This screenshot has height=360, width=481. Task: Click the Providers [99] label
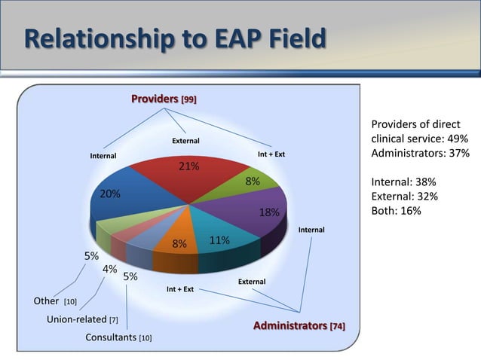(x=164, y=99)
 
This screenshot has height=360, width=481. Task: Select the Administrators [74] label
(x=299, y=326)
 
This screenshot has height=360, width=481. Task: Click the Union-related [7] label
(x=81, y=319)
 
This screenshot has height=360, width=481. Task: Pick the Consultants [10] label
(x=118, y=337)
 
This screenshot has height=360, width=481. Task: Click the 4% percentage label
(x=109, y=269)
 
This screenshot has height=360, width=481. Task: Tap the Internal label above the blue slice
(x=103, y=156)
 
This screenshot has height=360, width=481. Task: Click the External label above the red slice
(x=186, y=141)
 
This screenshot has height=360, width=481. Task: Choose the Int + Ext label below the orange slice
(x=180, y=288)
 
